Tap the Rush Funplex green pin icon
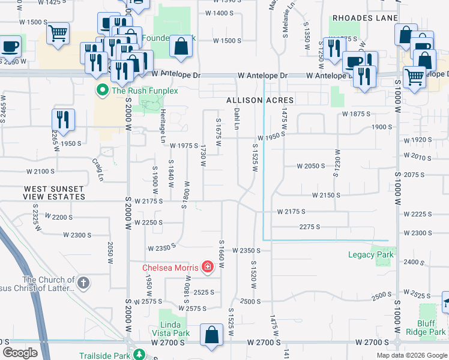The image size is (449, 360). (x=102, y=91)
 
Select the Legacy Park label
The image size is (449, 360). (x=371, y=254)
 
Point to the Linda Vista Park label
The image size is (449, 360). (x=170, y=329)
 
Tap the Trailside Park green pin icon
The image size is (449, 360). (x=140, y=355)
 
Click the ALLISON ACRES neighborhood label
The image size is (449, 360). (x=259, y=100)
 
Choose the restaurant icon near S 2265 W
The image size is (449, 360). (x=62, y=119)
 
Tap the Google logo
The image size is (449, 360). (x=20, y=353)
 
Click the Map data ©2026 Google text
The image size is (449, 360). (x=412, y=355)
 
